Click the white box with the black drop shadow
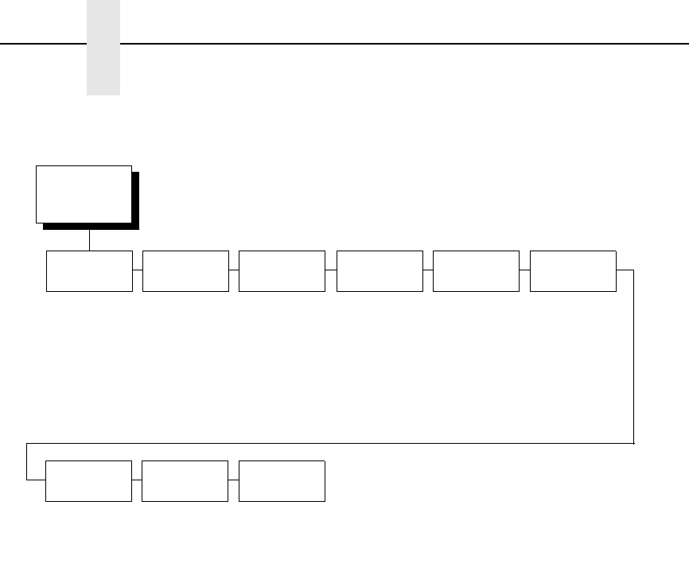[x=84, y=194]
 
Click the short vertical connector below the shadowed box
[x=89, y=240]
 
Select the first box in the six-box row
[x=89, y=271]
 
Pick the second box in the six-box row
[x=185, y=271]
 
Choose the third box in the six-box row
[x=282, y=271]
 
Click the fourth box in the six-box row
[x=380, y=271]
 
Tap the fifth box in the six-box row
[x=476, y=271]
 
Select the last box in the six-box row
[x=573, y=271]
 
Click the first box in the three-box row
[x=88, y=480]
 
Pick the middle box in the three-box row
[x=185, y=480]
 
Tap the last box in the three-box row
[x=282, y=480]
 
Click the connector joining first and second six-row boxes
[x=138, y=270]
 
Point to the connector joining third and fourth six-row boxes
[x=331, y=270]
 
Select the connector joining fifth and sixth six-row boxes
[x=524, y=270]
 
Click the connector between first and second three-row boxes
[x=137, y=480]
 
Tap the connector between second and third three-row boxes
[x=233, y=480]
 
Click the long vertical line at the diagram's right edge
[x=633, y=358]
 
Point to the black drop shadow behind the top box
[x=135, y=203]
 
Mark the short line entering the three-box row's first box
[x=36, y=480]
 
